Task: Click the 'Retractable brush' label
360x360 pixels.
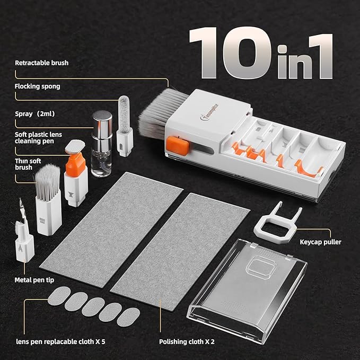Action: pyautogui.click(x=41, y=63)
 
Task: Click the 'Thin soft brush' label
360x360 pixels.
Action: pyautogui.click(x=27, y=164)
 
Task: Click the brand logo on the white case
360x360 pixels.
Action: pyautogui.click(x=193, y=112)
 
